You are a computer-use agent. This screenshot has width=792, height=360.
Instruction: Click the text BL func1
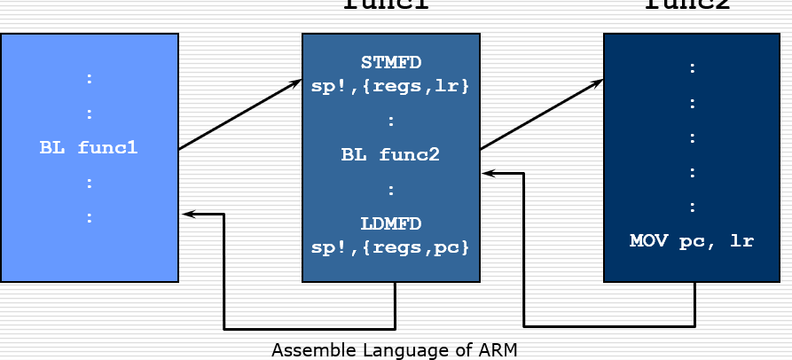click(89, 148)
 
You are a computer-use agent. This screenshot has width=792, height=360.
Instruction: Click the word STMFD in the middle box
click(391, 63)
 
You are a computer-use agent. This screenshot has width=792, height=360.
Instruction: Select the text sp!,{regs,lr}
click(391, 87)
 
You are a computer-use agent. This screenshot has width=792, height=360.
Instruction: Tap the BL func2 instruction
click(391, 155)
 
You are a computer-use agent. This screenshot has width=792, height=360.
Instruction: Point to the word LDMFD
click(391, 223)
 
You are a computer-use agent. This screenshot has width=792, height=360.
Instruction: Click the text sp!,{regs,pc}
click(391, 247)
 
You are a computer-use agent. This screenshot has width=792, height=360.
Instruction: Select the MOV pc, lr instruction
click(693, 240)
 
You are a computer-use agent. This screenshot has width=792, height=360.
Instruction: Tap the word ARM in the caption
click(498, 350)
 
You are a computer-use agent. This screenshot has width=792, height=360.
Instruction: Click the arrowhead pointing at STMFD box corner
click(296, 83)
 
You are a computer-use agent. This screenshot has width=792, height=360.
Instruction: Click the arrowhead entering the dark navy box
click(598, 82)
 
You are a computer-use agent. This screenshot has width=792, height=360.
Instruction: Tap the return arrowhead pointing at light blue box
click(186, 214)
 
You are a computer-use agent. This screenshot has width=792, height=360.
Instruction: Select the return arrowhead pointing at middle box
click(487, 174)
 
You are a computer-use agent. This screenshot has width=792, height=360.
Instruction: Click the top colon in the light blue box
click(89, 78)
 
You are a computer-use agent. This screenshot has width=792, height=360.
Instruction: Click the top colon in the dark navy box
click(693, 67)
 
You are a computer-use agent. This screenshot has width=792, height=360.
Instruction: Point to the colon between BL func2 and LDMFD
click(391, 189)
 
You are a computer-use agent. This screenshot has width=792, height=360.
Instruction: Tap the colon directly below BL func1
click(89, 183)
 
